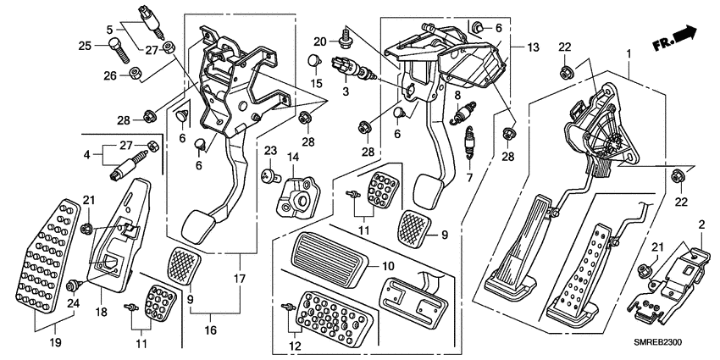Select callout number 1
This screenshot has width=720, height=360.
[x=628, y=53]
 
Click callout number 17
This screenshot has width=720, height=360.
[x=238, y=280]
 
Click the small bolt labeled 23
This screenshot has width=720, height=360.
[x=267, y=176]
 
